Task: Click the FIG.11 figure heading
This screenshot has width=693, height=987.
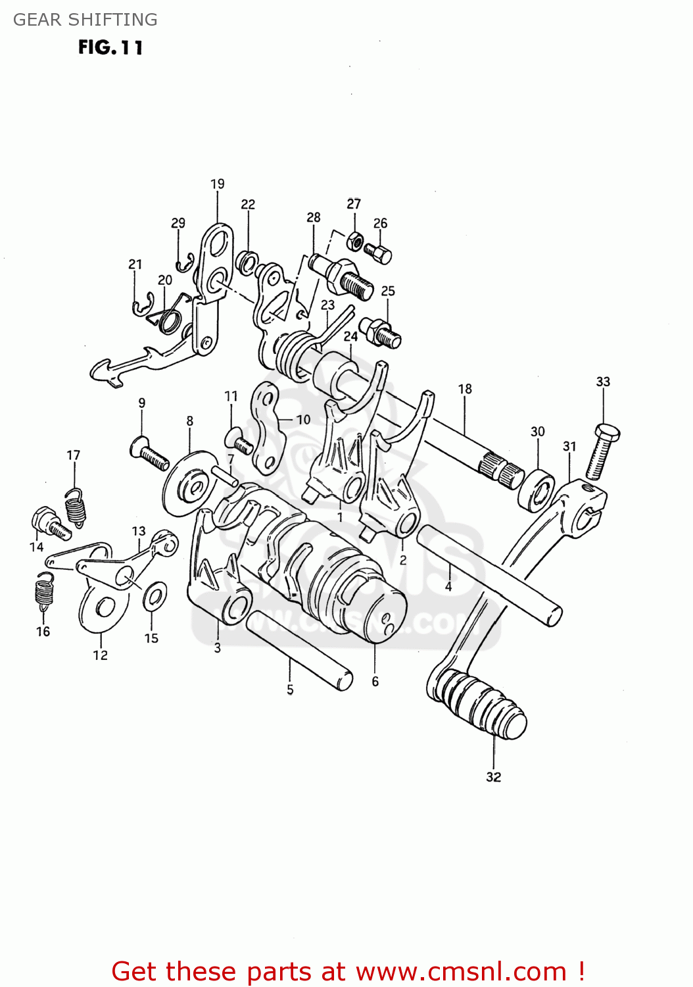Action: pos(110,48)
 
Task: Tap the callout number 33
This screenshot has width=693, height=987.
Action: pos(603,382)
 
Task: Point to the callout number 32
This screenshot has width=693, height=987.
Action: pos(493,777)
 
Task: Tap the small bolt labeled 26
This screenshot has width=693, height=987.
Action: pos(379,253)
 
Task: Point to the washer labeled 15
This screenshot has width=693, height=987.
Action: pos(155,596)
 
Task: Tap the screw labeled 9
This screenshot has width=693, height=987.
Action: pos(151,455)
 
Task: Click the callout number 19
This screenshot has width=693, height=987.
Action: pos(218,184)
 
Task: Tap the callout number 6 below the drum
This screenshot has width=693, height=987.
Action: pos(375,682)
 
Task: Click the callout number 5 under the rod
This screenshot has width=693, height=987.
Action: pos(290,690)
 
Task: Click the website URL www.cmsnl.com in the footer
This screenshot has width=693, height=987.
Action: pos(461,972)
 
